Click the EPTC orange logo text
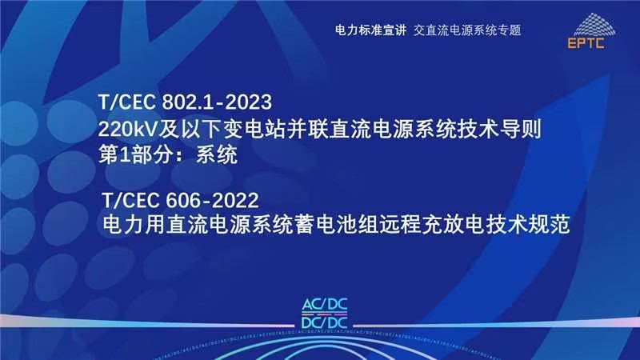[x=586, y=43]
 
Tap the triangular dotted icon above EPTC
[x=594, y=24]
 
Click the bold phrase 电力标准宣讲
[x=370, y=30]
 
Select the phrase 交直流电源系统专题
[x=467, y=30]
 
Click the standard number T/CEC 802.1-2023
[x=185, y=102]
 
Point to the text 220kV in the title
[x=128, y=130]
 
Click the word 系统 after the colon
[x=217, y=155]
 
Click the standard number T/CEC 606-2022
[x=180, y=201]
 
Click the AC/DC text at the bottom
[x=325, y=305]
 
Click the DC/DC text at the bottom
[x=325, y=323]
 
